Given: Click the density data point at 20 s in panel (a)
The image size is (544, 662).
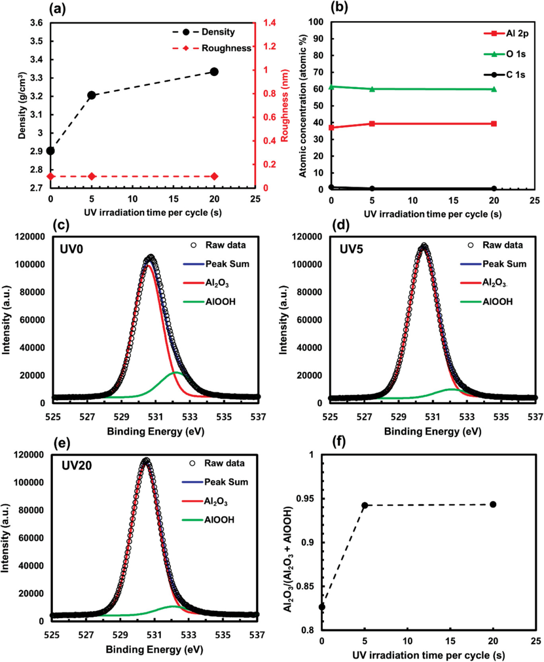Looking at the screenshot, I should coord(214,72).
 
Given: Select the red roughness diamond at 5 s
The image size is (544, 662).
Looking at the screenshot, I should coord(92,176).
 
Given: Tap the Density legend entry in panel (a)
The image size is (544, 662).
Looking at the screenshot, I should coord(218,32).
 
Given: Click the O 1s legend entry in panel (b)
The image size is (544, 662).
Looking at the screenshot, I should coord(516,54).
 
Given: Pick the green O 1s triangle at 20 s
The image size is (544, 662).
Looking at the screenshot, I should coord(494,89).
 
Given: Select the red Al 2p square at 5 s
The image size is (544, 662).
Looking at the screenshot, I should coord(372,123).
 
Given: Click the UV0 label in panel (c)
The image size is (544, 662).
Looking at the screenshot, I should coord(72,249).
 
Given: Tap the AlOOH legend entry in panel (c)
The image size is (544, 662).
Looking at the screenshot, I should coord(220,302).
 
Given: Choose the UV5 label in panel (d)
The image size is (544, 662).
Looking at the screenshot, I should coord(351,249).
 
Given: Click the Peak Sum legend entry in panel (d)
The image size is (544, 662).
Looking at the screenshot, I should coord(504,264).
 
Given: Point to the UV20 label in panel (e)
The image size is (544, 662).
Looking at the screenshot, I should coord(77,466).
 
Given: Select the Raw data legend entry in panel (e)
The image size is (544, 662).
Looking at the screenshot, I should coord(224,463).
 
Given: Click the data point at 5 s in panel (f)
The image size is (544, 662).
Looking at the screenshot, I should coord(365,505).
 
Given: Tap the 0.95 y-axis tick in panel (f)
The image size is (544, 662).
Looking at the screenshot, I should coord(305,499).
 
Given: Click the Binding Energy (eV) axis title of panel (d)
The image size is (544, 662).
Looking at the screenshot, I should coord(433,432).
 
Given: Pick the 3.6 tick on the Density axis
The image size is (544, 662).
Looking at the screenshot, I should coord(36,23).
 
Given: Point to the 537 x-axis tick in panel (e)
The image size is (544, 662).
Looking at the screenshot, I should coord(257,635).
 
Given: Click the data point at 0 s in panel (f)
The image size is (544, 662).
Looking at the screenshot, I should coord(322,607).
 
